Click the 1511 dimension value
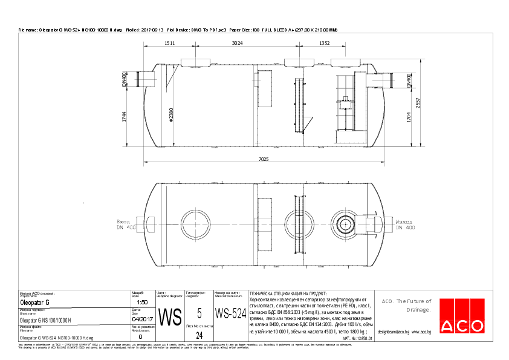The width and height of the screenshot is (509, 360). coord(169,43)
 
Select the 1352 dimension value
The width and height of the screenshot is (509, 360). coord(324,43)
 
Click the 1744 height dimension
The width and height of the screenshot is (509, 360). coord(125,117)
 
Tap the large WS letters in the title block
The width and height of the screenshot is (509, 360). coord(170,316)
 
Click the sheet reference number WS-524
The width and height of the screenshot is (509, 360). coord(230,315)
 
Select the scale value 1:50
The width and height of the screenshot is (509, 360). coord(143,302)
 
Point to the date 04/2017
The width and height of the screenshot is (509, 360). coord(143,319)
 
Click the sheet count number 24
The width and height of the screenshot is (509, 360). coord(199,335)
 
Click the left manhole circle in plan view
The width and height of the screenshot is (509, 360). coord(196,224)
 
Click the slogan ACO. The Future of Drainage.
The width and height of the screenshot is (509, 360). coord(406,305)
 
